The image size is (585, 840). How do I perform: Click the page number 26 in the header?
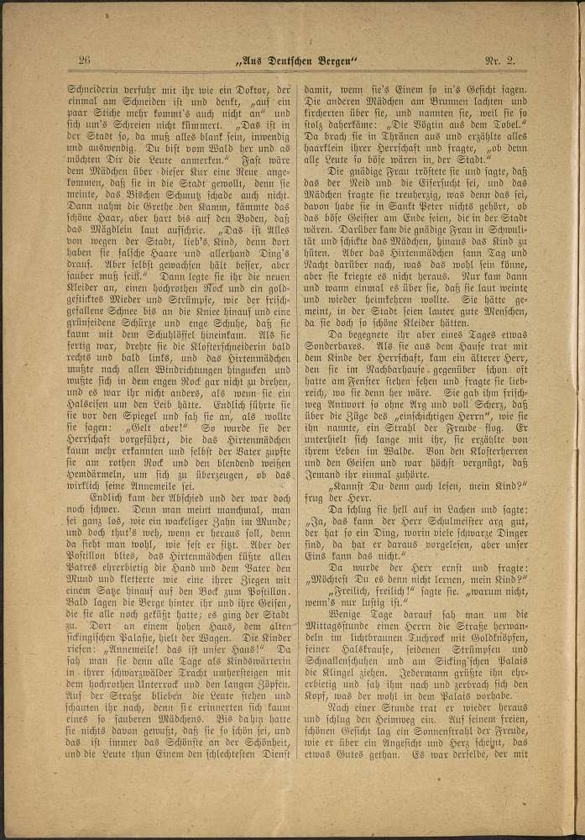coord(84,60)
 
